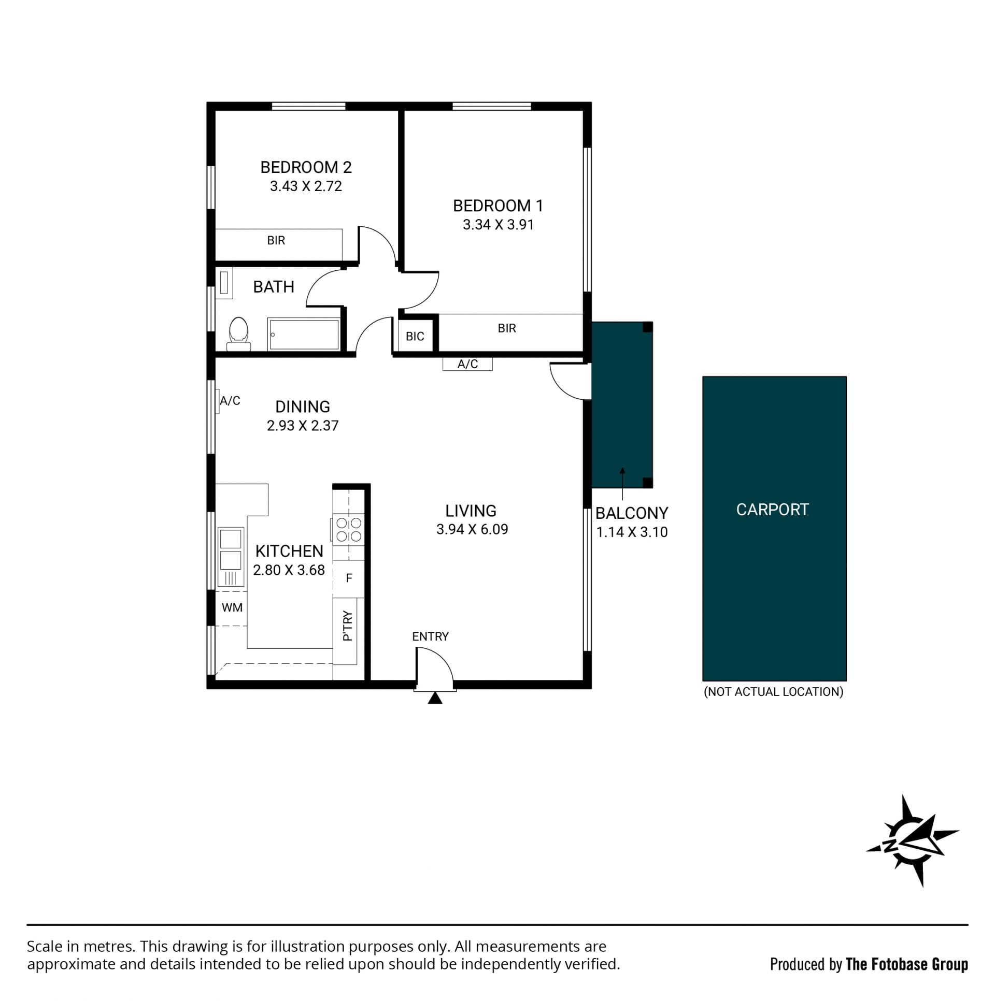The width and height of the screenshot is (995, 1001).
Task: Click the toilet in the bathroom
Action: [x=238, y=334]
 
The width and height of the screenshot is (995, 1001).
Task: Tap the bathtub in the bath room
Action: [x=304, y=335]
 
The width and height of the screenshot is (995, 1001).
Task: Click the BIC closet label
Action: [x=415, y=336]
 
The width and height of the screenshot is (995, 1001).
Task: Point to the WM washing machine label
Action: [x=232, y=607]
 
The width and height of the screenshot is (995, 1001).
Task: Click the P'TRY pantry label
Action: [x=348, y=626]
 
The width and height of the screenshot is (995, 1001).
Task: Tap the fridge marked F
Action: [x=349, y=578]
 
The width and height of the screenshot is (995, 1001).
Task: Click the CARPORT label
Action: [x=773, y=510]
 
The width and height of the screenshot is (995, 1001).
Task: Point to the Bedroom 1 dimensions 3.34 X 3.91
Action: [x=499, y=224]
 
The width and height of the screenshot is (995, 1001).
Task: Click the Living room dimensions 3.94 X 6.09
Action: [x=472, y=529]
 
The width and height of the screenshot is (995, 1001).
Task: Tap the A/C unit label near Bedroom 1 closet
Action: [x=467, y=364]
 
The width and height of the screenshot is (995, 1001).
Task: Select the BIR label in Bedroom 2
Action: [x=276, y=240]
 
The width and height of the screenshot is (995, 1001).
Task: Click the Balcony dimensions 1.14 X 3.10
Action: [x=632, y=532]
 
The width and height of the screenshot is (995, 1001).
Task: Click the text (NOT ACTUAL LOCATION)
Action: [x=774, y=692]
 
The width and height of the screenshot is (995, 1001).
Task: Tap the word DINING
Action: [x=303, y=407]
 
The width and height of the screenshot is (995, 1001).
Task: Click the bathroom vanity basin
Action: [x=224, y=283]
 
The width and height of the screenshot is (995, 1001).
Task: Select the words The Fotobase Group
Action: [x=907, y=964]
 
